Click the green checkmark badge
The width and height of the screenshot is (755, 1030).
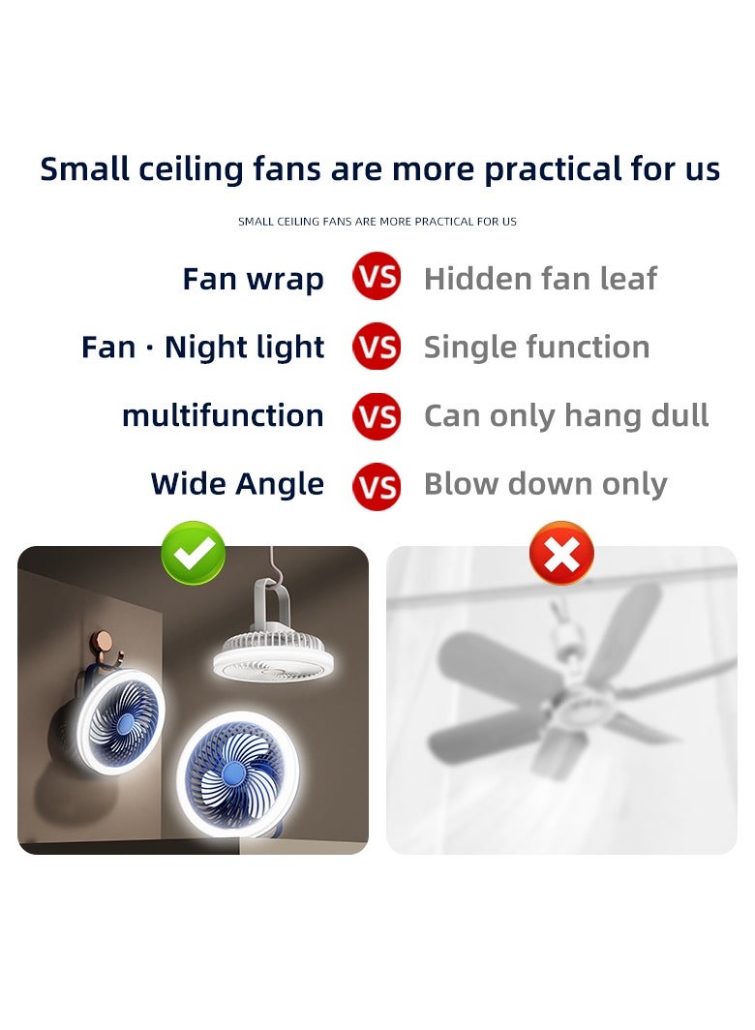194,553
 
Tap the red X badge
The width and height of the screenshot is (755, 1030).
561,554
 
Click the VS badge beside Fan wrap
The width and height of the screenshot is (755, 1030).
377,279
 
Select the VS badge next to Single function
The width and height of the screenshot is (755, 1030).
377,347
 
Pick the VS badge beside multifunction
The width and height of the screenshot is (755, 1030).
377,415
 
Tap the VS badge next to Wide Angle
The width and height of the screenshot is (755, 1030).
377,485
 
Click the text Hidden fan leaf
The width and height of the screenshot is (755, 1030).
540,279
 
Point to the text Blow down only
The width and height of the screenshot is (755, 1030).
545,484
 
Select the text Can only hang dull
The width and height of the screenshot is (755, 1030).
566,415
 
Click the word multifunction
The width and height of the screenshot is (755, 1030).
223,415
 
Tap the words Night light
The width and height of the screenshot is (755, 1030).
244,347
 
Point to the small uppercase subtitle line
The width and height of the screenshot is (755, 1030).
377,222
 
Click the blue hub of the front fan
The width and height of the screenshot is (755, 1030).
232,772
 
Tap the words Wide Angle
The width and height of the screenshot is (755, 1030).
237,484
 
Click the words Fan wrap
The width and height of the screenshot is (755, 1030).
253,279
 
